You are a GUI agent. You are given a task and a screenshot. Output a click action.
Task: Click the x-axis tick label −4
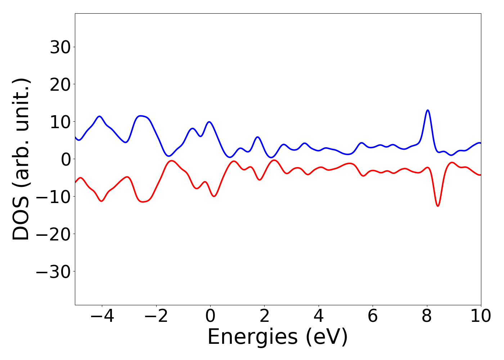pyautogui.click(x=102, y=316)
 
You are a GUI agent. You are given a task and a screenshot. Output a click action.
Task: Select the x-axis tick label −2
pyautogui.click(x=156, y=316)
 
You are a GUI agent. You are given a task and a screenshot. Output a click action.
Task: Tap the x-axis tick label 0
pyautogui.click(x=210, y=316)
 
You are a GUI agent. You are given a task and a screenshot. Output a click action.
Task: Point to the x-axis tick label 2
pyautogui.click(x=264, y=316)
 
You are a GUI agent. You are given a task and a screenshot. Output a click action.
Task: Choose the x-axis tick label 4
pyautogui.click(x=319, y=316)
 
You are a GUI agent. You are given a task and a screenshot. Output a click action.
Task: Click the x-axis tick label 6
pyautogui.click(x=373, y=316)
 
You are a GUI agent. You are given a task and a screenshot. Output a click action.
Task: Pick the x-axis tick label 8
pyautogui.click(x=427, y=316)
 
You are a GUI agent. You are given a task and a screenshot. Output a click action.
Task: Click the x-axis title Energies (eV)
pyautogui.click(x=278, y=337)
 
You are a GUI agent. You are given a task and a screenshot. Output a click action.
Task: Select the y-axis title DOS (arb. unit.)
pyautogui.click(x=22, y=159)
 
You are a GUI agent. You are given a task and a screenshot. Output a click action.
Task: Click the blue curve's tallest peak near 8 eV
pyautogui.click(x=428, y=110)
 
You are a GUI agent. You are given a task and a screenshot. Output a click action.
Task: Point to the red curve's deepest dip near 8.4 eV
pyautogui.click(x=438, y=206)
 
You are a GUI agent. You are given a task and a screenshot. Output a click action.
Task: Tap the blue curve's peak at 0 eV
pyautogui.click(x=209, y=122)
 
